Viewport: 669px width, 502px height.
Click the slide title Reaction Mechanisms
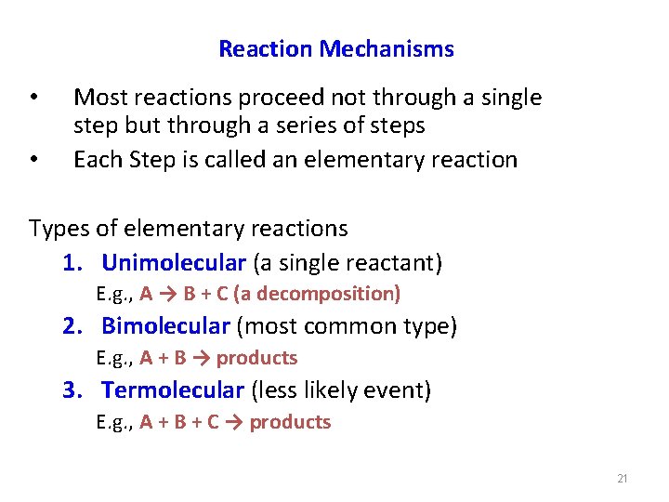point(335,49)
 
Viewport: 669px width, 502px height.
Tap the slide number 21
point(623,479)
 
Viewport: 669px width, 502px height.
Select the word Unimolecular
point(174,263)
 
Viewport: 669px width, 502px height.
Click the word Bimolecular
point(165,326)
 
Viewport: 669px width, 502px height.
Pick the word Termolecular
point(173,390)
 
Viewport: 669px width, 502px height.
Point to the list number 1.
point(72,263)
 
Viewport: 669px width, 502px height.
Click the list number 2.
point(72,326)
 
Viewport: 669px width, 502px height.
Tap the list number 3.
point(72,390)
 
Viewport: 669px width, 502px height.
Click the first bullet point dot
point(33,98)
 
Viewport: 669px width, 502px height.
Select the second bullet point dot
point(33,160)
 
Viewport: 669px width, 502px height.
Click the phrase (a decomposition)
point(317,294)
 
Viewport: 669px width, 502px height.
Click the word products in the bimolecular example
point(256,358)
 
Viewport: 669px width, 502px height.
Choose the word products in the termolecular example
point(290,422)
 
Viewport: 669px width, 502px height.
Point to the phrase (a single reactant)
point(348,263)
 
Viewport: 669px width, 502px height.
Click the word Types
point(57,228)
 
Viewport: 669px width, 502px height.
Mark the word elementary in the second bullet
point(369,160)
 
